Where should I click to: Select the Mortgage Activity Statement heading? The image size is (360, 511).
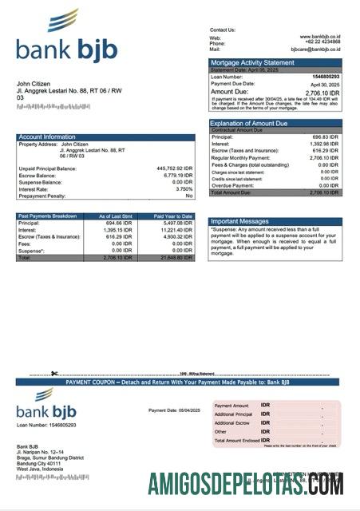coord(252,62)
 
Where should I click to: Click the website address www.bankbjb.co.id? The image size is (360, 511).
coord(320,37)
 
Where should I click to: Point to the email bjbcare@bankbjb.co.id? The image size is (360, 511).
coord(315,49)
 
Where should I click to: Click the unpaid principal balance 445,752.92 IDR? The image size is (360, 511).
coord(175,168)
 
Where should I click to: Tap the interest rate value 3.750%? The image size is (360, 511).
coord(184,189)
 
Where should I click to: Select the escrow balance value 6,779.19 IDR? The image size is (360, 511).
coord(177,176)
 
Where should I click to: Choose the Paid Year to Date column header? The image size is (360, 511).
coord(173,216)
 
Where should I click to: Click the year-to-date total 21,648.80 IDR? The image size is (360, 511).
coord(176,259)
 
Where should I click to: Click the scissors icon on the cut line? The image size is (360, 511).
coord(54,374)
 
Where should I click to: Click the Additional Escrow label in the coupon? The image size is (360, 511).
coord(232,423)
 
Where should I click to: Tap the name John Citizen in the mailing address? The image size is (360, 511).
coord(34,84)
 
